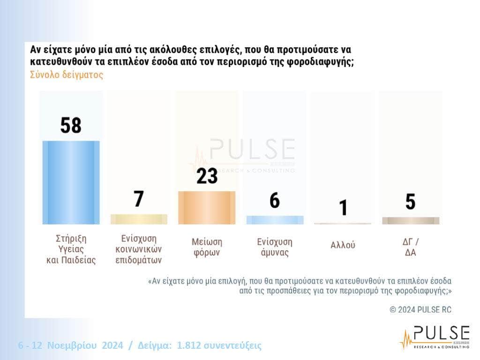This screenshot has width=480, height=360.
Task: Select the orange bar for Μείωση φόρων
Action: coord(207,207)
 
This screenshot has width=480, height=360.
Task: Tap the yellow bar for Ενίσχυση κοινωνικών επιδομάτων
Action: coord(139,219)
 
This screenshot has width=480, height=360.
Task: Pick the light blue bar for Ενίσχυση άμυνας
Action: coord(275,220)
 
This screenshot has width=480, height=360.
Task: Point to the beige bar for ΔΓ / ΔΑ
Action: coord(411,220)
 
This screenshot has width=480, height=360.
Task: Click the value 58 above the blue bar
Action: coord(71,125)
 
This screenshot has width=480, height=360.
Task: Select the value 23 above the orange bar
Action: coord(207,176)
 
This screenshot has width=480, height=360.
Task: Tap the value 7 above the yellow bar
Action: coord(139,199)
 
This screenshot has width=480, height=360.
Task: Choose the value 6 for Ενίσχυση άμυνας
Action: coord(275,201)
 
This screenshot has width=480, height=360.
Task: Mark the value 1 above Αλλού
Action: coord(343,208)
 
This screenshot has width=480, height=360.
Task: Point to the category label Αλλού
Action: coord(343,245)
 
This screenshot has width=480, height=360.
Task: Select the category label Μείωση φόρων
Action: coord(207,247)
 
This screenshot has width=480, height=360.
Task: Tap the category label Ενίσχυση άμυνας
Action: coord(275,247)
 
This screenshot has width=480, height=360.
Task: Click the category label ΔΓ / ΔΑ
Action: coord(411,247)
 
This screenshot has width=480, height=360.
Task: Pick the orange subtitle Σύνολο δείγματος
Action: coord(67,75)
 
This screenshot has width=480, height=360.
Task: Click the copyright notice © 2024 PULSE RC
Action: coord(420,309)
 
